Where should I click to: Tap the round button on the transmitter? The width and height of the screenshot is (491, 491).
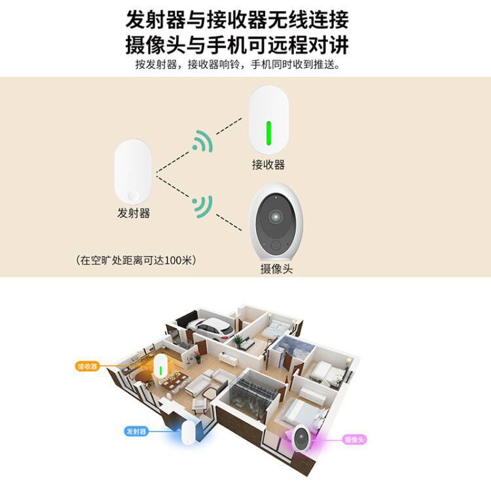pos(134,195)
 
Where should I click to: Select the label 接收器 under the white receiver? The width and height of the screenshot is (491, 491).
pos(268,165)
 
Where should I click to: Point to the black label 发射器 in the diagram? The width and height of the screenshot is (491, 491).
pos(134,213)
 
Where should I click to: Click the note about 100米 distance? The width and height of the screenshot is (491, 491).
pos(136,260)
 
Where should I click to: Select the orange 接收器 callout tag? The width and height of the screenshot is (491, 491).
pos(88,367)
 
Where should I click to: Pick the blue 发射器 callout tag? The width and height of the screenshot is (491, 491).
pos(136,431)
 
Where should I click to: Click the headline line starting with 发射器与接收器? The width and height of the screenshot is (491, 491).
pos(237,20)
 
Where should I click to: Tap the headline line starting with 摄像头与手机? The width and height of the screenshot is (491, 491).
pos(237,45)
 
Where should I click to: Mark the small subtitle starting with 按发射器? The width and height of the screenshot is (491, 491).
pos(237,65)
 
